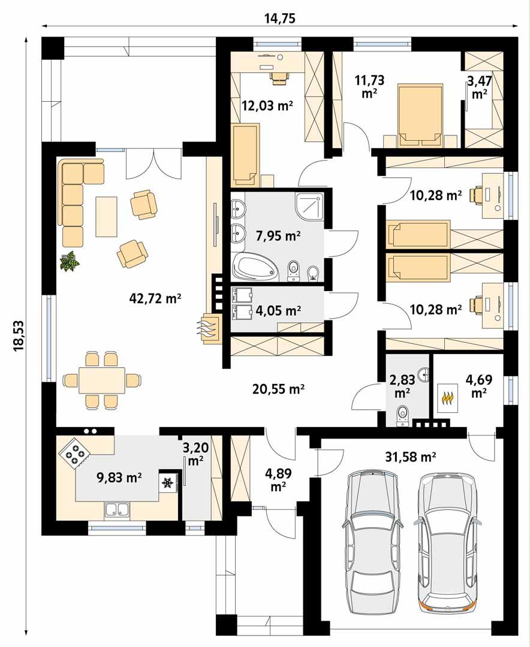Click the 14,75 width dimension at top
[280, 18]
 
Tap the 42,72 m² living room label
[155, 298]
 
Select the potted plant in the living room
[70, 262]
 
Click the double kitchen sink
[118, 509]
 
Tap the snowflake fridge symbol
[168, 482]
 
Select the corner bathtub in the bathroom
[255, 267]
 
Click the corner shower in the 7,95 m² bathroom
[309, 207]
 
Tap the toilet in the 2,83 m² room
[402, 413]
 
